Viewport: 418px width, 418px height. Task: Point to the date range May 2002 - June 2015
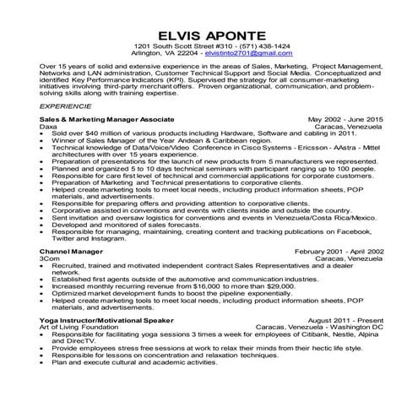tap(345, 121)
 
